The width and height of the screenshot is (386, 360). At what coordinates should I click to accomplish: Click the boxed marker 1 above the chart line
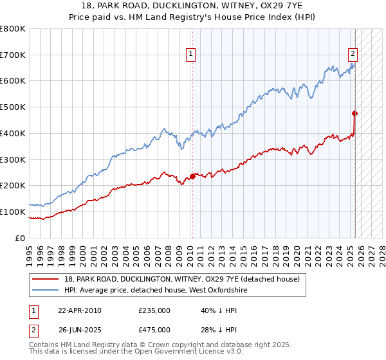pyautogui.click(x=192, y=55)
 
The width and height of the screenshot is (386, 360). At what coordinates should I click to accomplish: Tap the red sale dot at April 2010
pyautogui.click(x=192, y=176)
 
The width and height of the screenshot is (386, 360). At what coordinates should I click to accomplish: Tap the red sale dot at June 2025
pyautogui.click(x=354, y=114)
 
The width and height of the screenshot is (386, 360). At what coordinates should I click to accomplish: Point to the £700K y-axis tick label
pyautogui.click(x=13, y=55)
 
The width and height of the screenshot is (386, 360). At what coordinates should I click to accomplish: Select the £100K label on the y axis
pyautogui.click(x=13, y=212)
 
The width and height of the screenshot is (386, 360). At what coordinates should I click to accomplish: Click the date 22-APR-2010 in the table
pyautogui.click(x=80, y=310)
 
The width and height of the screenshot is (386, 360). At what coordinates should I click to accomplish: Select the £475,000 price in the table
pyautogui.click(x=154, y=330)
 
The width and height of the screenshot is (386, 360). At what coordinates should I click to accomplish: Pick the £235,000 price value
pyautogui.click(x=154, y=310)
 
